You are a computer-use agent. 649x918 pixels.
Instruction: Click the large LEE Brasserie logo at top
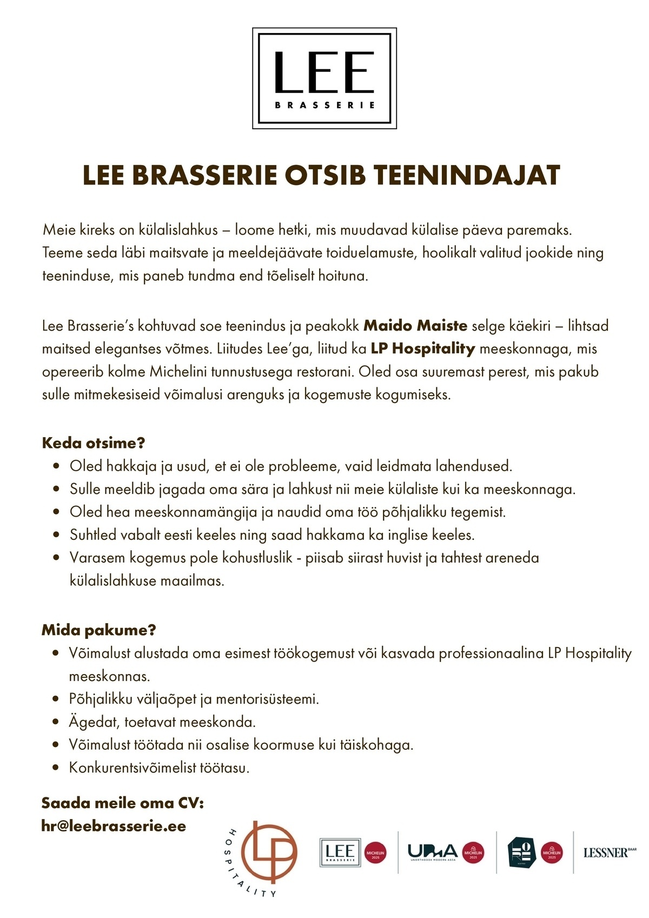pyautogui.click(x=325, y=78)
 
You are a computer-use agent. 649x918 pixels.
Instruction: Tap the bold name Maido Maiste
pyautogui.click(x=415, y=326)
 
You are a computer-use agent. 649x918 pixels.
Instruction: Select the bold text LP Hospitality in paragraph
pyautogui.click(x=422, y=348)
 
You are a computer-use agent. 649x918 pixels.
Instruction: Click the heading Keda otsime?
pyautogui.click(x=94, y=443)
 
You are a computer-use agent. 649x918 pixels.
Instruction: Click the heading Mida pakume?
pyautogui.click(x=98, y=630)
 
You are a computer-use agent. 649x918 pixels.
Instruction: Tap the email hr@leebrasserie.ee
pyautogui.click(x=114, y=826)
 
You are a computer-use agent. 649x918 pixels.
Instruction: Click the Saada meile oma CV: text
pyautogui.click(x=122, y=803)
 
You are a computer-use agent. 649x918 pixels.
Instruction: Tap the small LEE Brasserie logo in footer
pyautogui.click(x=340, y=853)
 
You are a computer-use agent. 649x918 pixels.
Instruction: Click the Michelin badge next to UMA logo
pyautogui.click(x=473, y=853)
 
